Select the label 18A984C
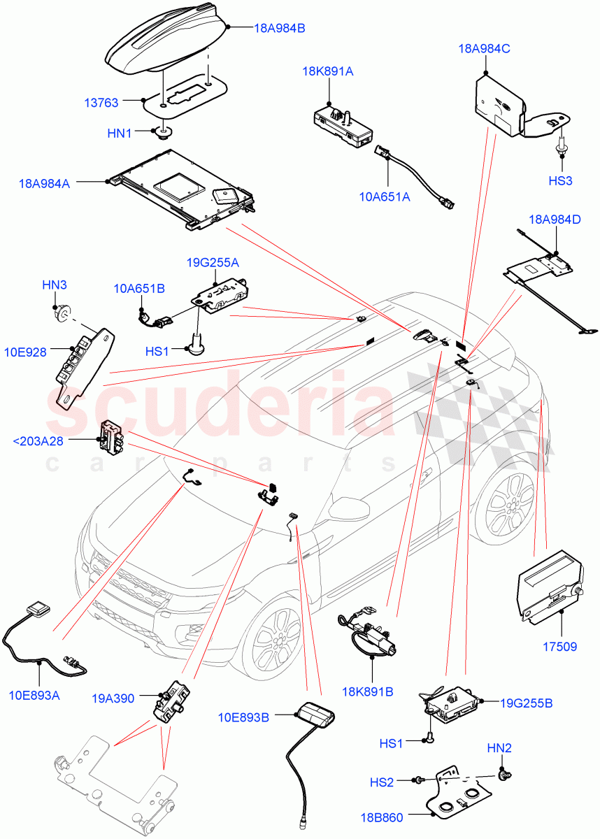pyautogui.click(x=484, y=49)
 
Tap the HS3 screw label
pyautogui.click(x=560, y=180)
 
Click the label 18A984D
pyautogui.click(x=557, y=220)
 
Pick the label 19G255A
pyautogui.click(x=213, y=263)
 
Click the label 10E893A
pyautogui.click(x=34, y=695)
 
